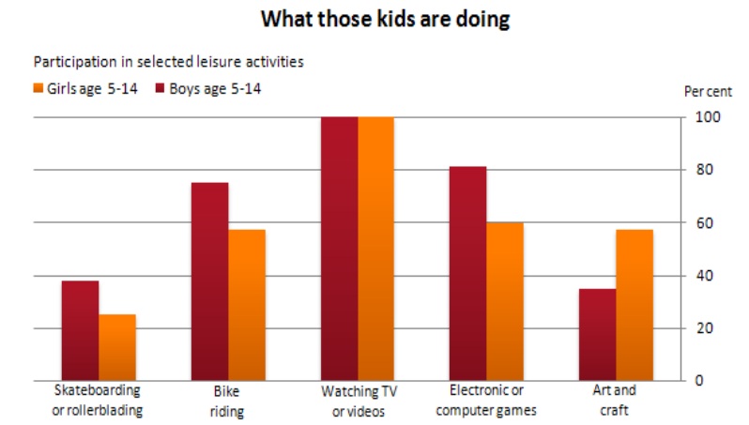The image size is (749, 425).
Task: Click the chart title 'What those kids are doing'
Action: tap(385, 20)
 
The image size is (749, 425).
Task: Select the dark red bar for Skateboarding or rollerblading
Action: tap(81, 330)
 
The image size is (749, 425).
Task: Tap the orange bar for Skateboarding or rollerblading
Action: tap(117, 348)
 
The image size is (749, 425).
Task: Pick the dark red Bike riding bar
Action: tap(209, 281)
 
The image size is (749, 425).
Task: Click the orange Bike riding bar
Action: tap(247, 305)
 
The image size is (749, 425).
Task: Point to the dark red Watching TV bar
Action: tap(339, 249)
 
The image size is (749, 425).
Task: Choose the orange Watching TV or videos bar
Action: tap(376, 249)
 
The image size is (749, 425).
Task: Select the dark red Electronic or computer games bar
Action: tap(468, 274)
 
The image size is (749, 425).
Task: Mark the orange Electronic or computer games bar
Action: tap(505, 302)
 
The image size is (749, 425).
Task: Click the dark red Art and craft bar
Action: tap(598, 335)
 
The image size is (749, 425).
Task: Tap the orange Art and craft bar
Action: tap(634, 305)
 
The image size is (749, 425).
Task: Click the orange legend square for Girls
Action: tap(38, 88)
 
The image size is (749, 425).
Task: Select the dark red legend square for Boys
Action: tap(160, 88)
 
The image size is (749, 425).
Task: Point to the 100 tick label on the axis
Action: tap(708, 117)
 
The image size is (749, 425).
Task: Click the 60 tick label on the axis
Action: tap(704, 223)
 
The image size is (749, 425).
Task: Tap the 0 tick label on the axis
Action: tap(699, 381)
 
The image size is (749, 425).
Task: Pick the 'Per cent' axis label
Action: tap(708, 91)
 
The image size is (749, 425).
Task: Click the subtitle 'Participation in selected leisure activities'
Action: tap(169, 62)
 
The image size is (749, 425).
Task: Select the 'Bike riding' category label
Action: tap(227, 402)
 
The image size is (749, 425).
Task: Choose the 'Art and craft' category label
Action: tap(614, 401)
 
